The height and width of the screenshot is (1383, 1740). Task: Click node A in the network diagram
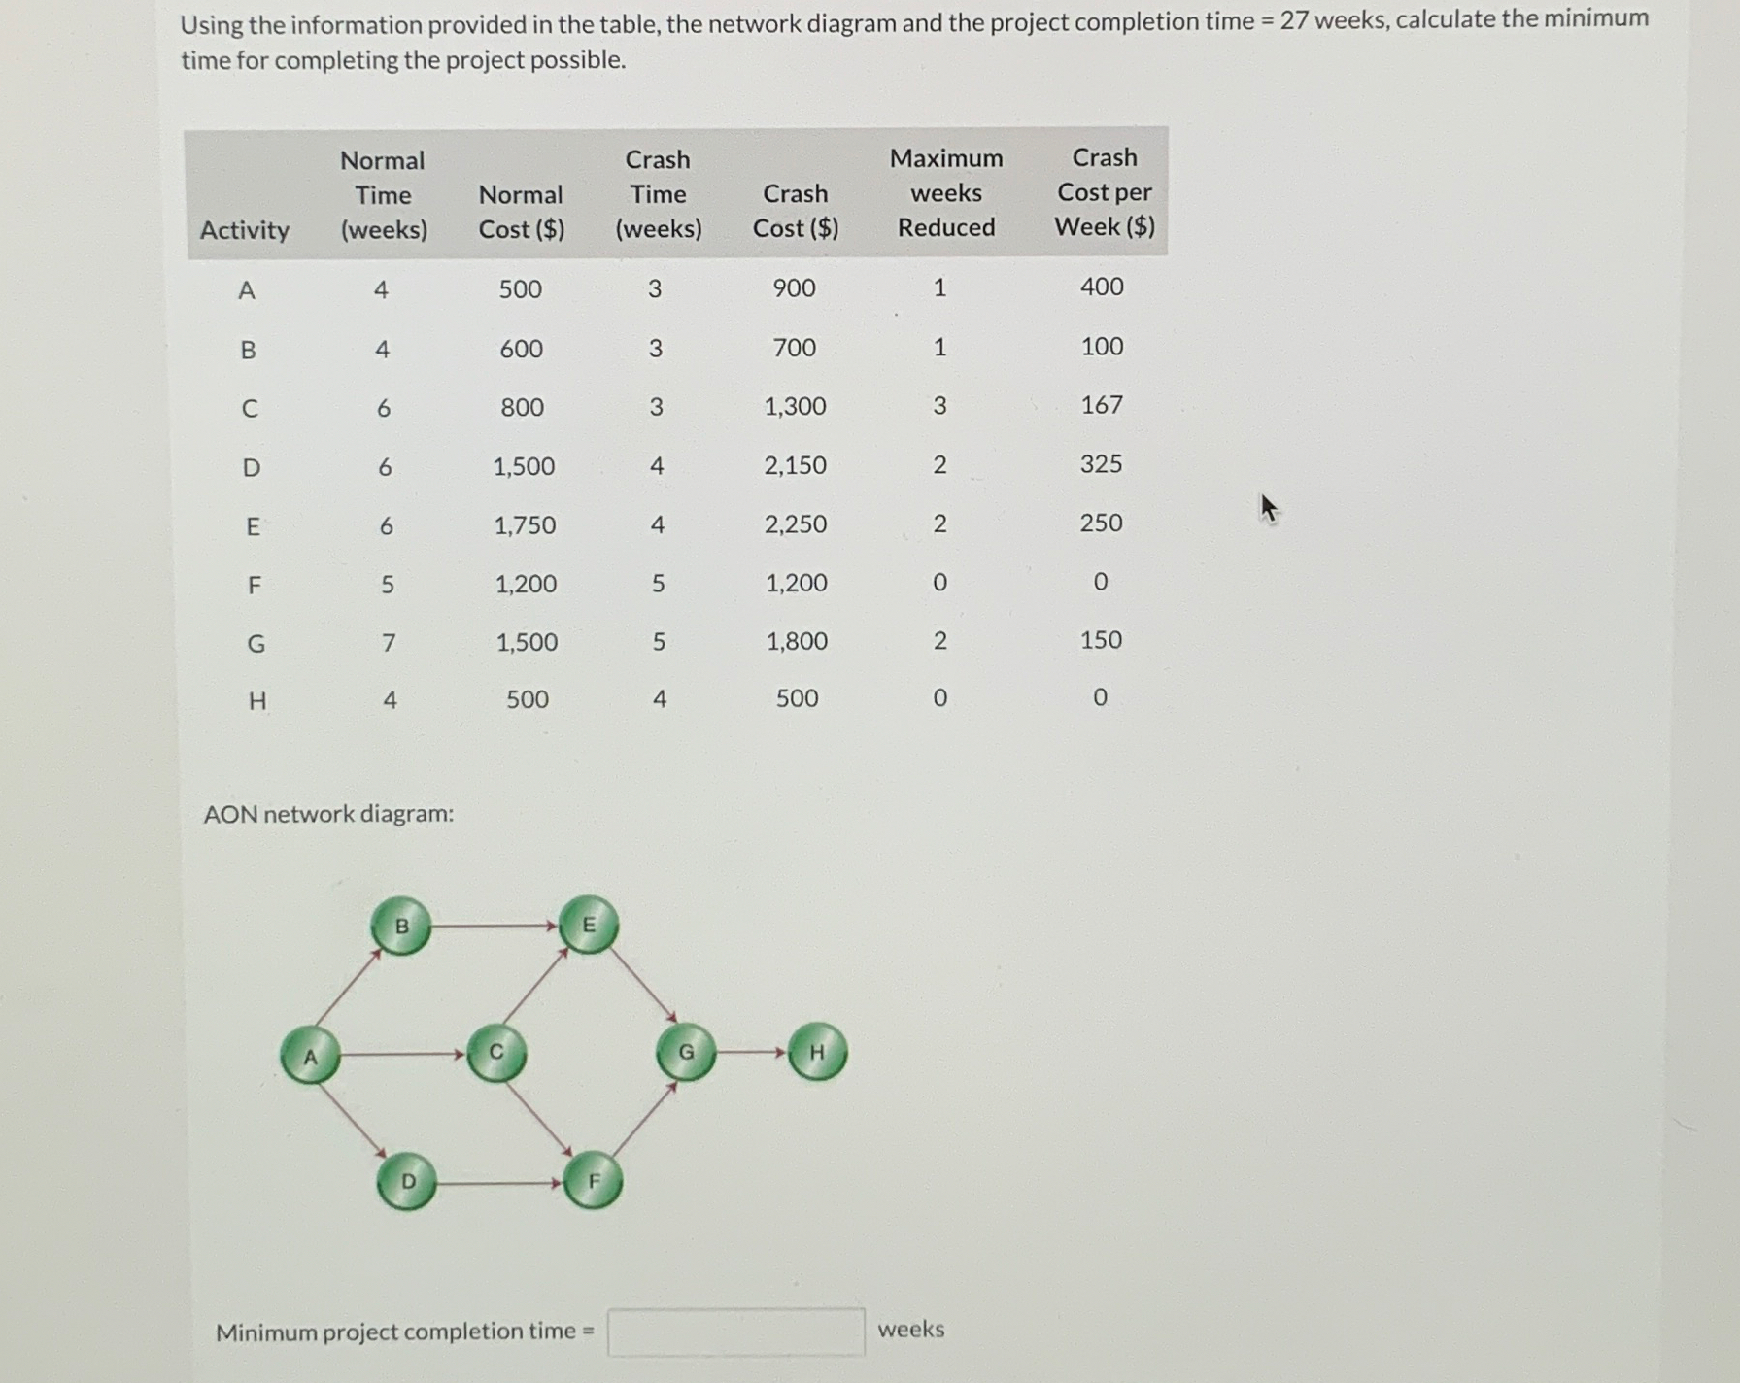pos(310,1055)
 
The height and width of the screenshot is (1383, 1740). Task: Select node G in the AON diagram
pos(686,1052)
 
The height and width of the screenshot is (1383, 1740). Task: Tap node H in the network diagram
pos(817,1052)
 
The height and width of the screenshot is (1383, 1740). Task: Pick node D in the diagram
pos(407,1181)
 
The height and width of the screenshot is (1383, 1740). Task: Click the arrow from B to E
pos(495,926)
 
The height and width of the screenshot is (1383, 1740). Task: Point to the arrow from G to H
pos(751,1052)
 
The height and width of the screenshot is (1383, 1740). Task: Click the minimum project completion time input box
pos(735,1332)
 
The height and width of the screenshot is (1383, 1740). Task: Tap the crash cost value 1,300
pos(795,406)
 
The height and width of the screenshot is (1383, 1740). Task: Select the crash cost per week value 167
pos(1102,404)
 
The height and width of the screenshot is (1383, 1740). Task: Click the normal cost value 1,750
pos(525,525)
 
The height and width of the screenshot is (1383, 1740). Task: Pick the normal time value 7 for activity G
pos(389,642)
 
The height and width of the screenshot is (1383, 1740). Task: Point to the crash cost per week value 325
pos(1101,463)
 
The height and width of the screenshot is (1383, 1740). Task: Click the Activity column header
pos(245,230)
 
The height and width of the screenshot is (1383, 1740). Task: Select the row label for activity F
pos(255,585)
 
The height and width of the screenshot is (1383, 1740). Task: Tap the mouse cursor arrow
pos(1268,507)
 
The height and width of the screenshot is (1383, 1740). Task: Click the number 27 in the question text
pos(1293,20)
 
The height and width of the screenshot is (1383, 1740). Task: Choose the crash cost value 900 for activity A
pos(794,287)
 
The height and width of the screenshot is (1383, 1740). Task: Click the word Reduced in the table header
pos(946,227)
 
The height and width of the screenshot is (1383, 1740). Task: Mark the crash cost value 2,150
pos(795,465)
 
